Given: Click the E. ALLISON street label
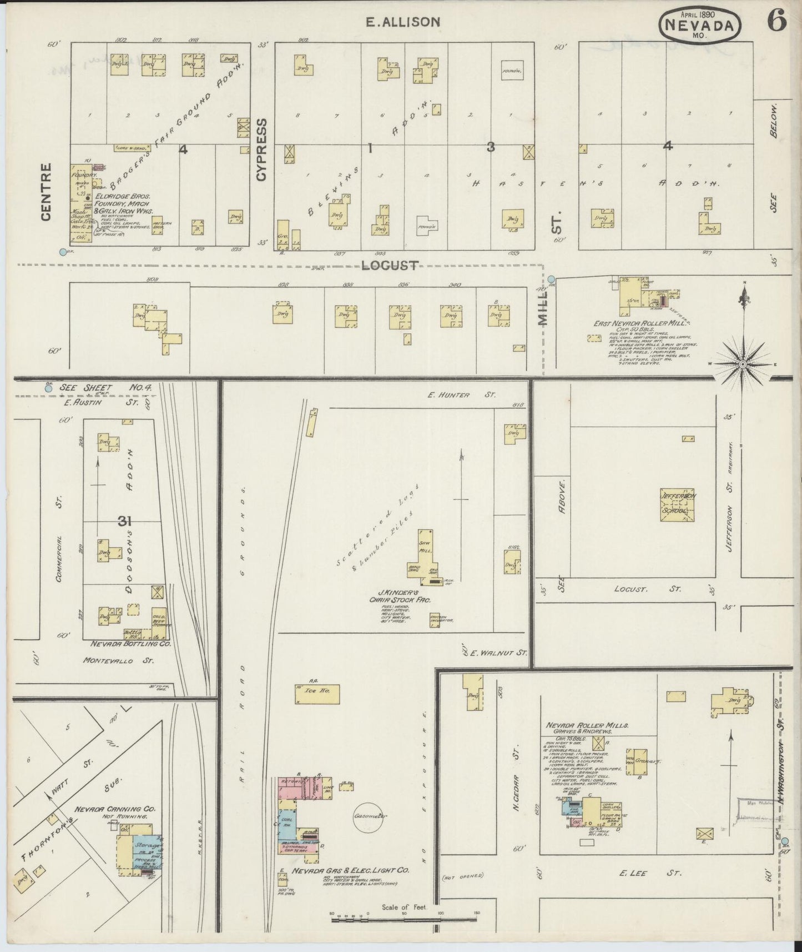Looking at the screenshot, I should pos(403,22).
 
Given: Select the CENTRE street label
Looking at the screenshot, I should pos(46,192).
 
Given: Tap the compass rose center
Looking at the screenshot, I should pos(743,364).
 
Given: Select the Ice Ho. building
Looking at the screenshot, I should pos(317,694).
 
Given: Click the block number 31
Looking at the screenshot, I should pos(124,521).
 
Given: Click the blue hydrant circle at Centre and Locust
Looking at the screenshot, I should pos(63,252).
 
